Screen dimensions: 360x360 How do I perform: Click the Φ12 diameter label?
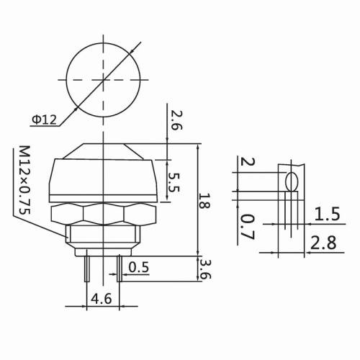[45, 120]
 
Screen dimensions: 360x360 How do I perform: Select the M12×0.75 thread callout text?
[24, 180]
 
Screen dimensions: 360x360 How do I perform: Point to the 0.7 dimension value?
[246, 225]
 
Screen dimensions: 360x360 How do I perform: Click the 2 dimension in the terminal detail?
[246, 163]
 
